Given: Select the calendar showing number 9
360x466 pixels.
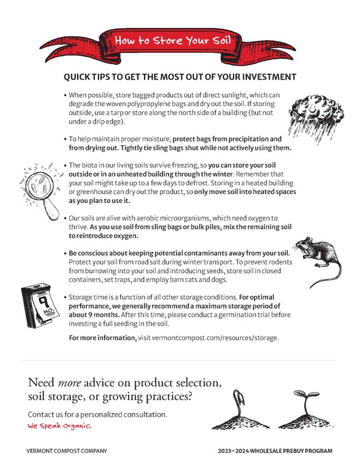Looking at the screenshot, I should (x=37, y=303).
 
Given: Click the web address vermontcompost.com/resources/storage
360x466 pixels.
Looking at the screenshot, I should (x=208, y=338).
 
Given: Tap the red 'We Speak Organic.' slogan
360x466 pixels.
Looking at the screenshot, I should (x=59, y=426).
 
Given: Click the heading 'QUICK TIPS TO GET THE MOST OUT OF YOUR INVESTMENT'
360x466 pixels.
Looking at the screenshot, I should (x=179, y=77).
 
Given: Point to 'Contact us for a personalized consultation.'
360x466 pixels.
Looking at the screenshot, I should (x=98, y=414).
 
